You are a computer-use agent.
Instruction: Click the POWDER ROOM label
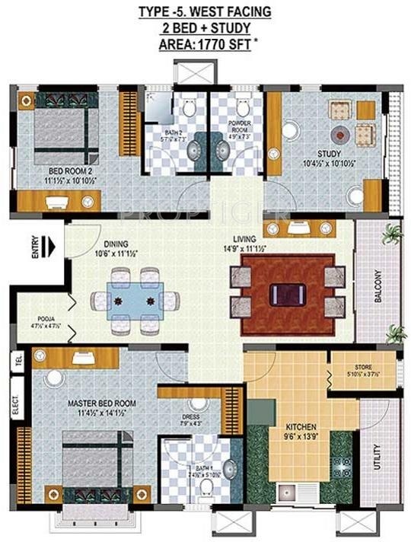pos(240,126)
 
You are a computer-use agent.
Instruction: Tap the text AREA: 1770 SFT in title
pos(203,45)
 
